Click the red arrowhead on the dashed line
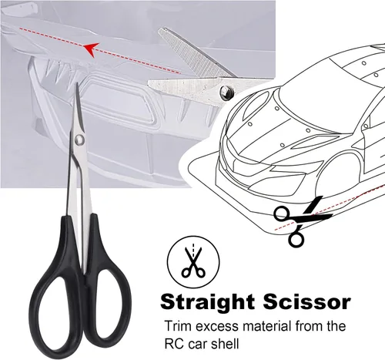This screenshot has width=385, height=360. tap(90, 49)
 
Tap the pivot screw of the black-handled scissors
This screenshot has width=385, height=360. tap(80, 140)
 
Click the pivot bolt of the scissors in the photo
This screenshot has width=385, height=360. tap(226, 92)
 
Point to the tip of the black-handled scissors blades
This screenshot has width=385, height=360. tap(76, 84)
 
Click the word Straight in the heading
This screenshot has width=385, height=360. tap(207, 303)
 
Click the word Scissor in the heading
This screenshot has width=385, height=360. tap(306, 301)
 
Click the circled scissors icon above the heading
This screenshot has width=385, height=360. tap(193, 262)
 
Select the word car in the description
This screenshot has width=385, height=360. tap(198, 345)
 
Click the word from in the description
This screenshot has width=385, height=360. tap(306, 326)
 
